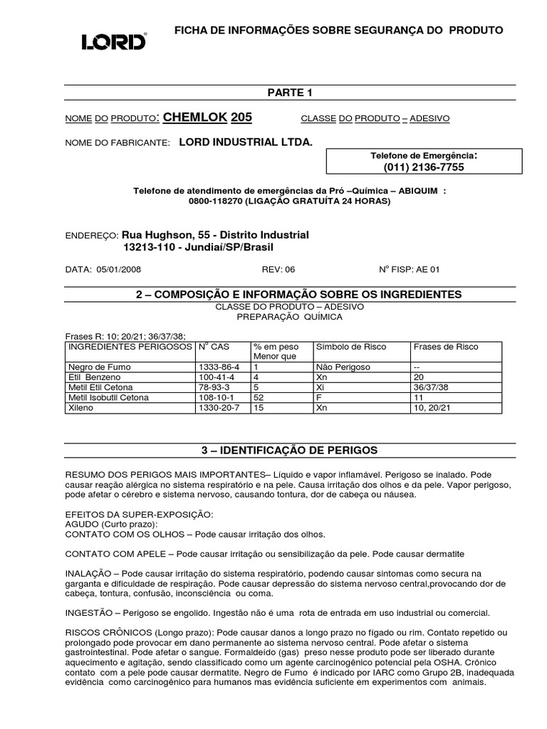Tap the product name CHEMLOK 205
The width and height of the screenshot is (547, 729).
(x=207, y=117)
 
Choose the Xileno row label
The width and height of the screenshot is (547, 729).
(x=80, y=407)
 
